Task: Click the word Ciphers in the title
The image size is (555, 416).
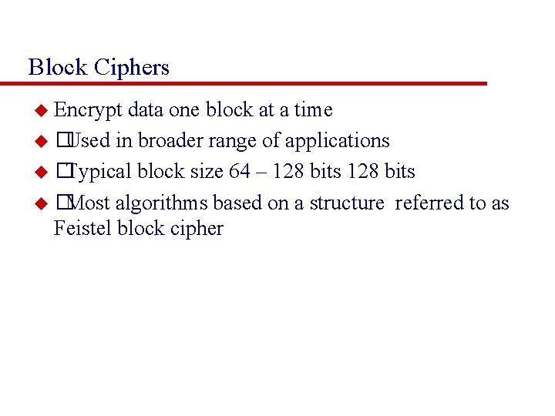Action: pyautogui.click(x=132, y=68)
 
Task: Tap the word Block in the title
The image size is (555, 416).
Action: pyautogui.click(x=58, y=68)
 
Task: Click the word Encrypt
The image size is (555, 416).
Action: pyautogui.click(x=88, y=111)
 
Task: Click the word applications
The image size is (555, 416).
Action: pyautogui.click(x=338, y=142)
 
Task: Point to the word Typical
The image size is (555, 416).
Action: pyautogui.click(x=100, y=172)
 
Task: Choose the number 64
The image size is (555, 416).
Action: pyautogui.click(x=240, y=172)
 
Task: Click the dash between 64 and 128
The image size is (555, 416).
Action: pyautogui.click(x=261, y=173)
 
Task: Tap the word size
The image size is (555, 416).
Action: pyautogui.click(x=206, y=172)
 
